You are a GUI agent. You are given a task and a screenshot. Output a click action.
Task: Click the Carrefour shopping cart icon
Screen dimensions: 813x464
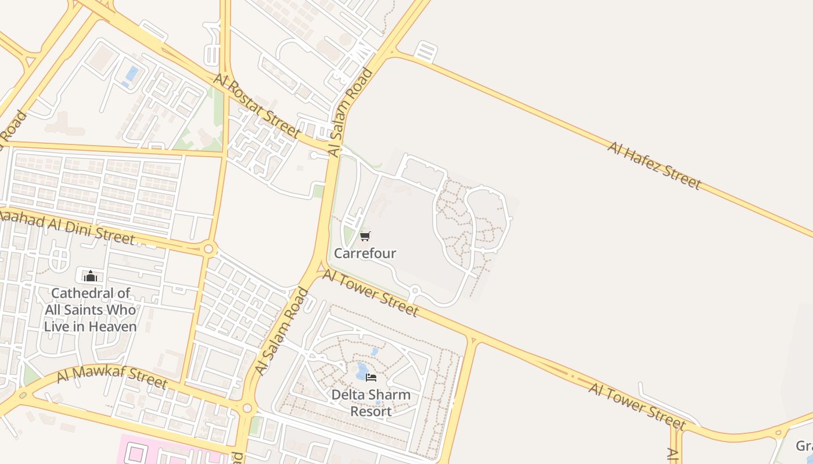click(365, 236)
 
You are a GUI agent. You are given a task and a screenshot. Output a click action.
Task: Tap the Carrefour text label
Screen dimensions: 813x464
click(365, 253)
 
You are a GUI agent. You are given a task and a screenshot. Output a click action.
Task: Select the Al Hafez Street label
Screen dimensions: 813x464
click(654, 165)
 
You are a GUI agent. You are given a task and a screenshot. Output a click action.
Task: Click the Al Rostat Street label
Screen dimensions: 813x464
click(257, 106)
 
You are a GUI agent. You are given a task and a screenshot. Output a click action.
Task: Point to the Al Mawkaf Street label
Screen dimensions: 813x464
click(112, 378)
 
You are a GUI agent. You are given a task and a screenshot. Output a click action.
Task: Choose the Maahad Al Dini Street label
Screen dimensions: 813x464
click(67, 227)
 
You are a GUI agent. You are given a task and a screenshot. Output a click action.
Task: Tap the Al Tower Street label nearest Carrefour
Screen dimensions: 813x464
click(370, 293)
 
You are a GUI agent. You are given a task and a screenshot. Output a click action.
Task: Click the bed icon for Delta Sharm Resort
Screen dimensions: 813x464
click(371, 378)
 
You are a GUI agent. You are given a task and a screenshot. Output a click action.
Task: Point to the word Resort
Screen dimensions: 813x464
click(370, 411)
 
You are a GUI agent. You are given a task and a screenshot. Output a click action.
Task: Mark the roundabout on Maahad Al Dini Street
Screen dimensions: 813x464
click(208, 249)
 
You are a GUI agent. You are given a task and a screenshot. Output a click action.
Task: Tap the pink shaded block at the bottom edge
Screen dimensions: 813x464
click(174, 453)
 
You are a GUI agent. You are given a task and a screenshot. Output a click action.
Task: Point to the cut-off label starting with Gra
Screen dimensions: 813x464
click(804, 446)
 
